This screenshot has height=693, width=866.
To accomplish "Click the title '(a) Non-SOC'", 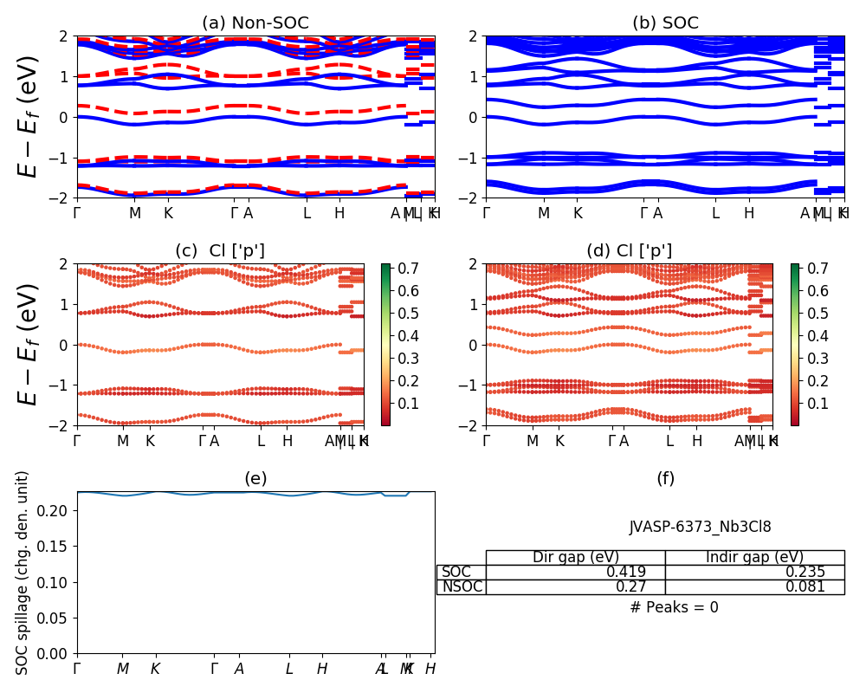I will (255, 23).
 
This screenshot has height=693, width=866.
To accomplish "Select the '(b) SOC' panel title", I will (665, 23).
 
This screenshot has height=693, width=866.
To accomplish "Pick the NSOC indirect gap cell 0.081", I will (805, 587).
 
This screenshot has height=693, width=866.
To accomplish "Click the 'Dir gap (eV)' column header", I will (575, 557).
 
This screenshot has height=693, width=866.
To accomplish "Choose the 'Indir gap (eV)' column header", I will (754, 557).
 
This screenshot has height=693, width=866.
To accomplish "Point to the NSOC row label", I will (462, 587).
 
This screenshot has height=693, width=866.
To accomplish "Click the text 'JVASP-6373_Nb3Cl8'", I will (700, 527).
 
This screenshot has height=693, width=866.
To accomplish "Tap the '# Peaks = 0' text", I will (674, 607).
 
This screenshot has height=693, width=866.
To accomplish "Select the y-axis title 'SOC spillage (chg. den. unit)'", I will (23, 572).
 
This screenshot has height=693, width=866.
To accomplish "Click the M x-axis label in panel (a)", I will (134, 213).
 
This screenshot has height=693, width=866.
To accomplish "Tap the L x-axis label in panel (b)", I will (715, 213).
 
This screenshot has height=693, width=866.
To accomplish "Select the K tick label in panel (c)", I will (150, 441).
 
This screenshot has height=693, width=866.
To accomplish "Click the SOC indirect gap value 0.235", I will (805, 572).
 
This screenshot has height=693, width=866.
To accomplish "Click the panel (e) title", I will (255, 478).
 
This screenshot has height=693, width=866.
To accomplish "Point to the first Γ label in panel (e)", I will (77, 669).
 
